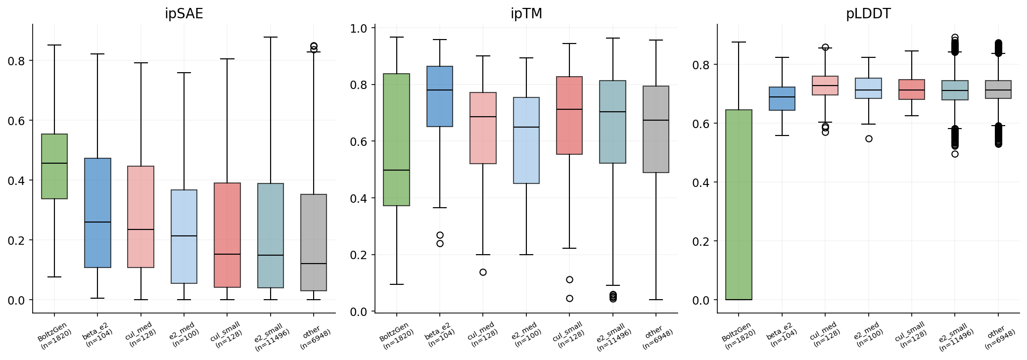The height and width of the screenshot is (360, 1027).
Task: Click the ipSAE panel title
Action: click(184, 14)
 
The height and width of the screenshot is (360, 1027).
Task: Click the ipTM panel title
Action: click(526, 14)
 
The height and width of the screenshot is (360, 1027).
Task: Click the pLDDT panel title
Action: click(868, 14)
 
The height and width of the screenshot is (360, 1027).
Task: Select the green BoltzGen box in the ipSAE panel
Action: click(54, 166)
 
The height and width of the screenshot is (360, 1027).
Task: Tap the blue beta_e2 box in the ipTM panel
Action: click(440, 96)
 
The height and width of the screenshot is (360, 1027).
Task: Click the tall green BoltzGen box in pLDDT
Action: click(739, 205)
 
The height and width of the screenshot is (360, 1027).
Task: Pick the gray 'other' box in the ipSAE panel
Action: click(314, 242)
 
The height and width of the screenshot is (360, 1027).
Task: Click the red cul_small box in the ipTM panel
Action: click(569, 115)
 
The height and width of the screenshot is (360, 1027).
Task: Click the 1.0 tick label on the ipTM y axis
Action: click(358, 29)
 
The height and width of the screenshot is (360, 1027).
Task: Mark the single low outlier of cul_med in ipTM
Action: click(483, 272)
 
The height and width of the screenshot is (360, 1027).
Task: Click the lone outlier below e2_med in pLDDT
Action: click(869, 138)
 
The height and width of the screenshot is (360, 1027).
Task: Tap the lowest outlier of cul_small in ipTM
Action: click(569, 298)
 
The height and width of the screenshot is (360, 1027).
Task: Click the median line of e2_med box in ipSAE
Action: click(184, 236)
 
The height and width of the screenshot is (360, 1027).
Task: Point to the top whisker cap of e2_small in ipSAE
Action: click(271, 37)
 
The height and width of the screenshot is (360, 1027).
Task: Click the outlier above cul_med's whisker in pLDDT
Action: click(825, 47)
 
